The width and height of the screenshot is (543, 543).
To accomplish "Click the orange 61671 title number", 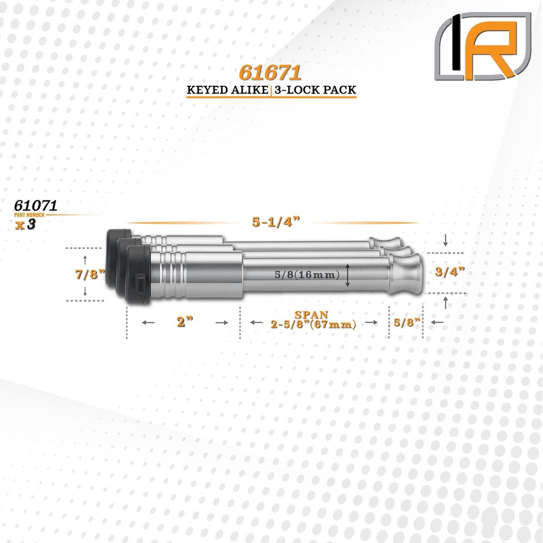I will tap(270, 73).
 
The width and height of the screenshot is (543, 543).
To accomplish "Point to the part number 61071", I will tap(37, 205).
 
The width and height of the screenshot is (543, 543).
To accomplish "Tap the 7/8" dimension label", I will tap(89, 274).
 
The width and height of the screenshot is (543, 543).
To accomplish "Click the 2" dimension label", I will tap(185, 321).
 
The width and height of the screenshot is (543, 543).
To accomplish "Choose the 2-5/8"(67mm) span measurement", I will tap(313, 325).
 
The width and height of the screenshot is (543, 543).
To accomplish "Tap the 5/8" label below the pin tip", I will tap(406, 322).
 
